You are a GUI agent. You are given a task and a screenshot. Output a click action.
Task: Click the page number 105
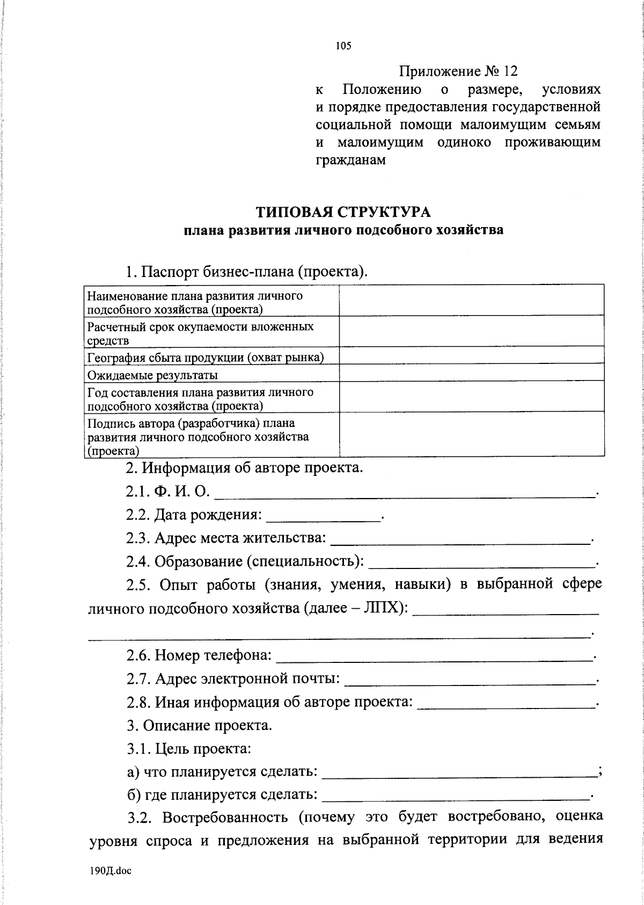[343, 46]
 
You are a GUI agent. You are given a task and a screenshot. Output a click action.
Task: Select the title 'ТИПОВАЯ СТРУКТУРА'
[343, 212]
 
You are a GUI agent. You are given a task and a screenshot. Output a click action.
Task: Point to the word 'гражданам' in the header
[350, 160]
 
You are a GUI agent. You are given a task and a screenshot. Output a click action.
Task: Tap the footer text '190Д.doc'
[111, 871]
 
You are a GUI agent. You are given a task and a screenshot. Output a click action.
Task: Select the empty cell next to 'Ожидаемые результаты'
[471, 373]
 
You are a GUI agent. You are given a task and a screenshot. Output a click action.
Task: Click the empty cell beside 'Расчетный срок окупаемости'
[471, 331]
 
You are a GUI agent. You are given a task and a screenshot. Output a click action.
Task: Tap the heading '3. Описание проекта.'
[199, 725]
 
